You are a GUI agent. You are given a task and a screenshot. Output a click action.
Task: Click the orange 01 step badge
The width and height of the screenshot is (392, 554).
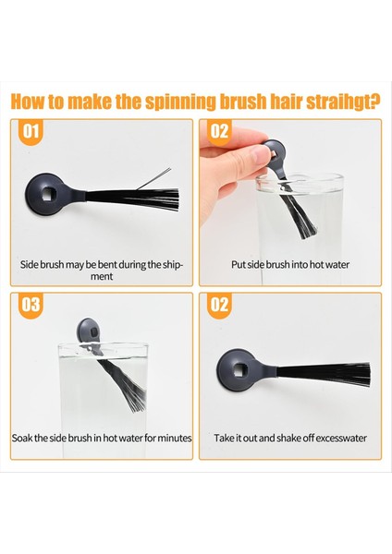[x=31, y=132]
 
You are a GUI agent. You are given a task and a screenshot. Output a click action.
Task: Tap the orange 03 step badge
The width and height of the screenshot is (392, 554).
[x=31, y=306]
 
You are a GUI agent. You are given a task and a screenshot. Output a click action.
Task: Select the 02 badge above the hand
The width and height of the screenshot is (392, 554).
[x=219, y=132]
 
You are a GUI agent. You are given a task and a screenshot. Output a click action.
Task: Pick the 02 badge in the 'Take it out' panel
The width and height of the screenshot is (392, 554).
[x=219, y=306]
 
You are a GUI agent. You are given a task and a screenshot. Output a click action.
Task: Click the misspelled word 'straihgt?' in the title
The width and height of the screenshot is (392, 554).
[x=343, y=102]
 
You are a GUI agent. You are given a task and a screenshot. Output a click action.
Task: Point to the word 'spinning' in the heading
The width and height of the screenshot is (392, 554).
[x=180, y=102]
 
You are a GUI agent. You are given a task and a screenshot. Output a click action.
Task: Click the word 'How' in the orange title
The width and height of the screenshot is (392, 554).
[x=29, y=102]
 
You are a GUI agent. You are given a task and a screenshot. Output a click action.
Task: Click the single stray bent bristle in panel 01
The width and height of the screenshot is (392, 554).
[x=153, y=178]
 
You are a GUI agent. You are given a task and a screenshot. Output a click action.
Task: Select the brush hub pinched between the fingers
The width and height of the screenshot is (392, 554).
[x=275, y=152]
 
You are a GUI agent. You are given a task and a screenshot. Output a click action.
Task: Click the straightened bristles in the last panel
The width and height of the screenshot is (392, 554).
[x=324, y=374]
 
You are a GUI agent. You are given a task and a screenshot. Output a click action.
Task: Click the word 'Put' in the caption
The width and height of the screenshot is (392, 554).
[x=239, y=265]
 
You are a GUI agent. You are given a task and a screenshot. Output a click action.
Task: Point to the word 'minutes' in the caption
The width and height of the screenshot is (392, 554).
[x=175, y=438]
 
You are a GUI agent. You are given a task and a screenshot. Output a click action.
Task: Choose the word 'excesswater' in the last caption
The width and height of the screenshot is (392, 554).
[x=341, y=438]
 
